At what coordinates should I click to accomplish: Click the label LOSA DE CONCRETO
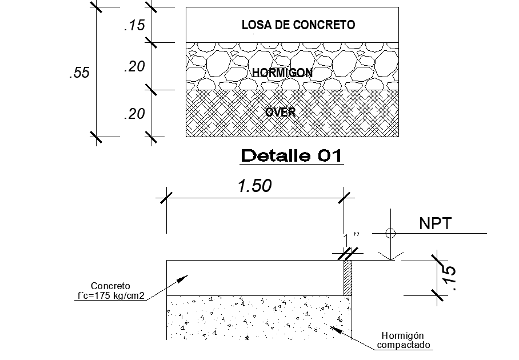pyautogui.click(x=298, y=25)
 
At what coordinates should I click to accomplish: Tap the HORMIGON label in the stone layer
pyautogui.click(x=282, y=73)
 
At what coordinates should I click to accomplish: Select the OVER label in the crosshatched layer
pyautogui.click(x=280, y=112)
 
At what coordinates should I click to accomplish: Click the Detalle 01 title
pyautogui.click(x=291, y=155)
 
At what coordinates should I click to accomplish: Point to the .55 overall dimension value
pyautogui.click(x=79, y=73)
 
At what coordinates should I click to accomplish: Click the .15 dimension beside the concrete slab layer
pyautogui.click(x=134, y=25)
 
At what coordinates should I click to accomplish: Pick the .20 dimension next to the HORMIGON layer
pyautogui.click(x=134, y=67)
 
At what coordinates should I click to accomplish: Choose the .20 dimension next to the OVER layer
pyautogui.click(x=134, y=114)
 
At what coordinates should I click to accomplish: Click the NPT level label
pyautogui.click(x=435, y=224)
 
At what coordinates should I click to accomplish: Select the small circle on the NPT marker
pyautogui.click(x=390, y=233)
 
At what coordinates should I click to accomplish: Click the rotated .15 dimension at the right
pyautogui.click(x=449, y=277)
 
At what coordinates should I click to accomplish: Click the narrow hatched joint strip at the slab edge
pyautogui.click(x=347, y=278)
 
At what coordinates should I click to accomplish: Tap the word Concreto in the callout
pyautogui.click(x=111, y=286)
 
